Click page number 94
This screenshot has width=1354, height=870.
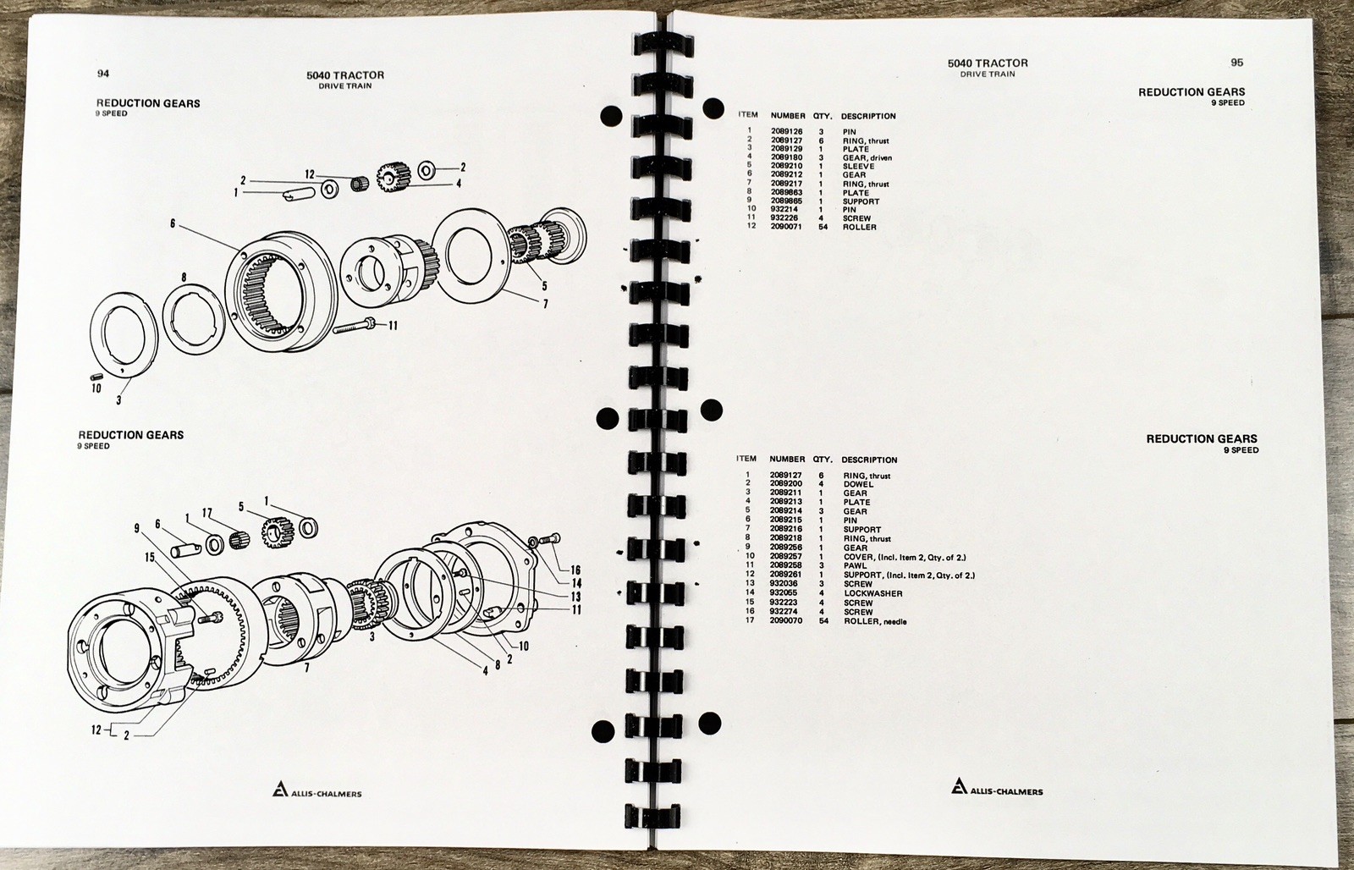click(x=103, y=73)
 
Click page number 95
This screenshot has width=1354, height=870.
click(x=1236, y=63)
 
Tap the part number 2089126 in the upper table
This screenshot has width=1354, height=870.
click(x=786, y=131)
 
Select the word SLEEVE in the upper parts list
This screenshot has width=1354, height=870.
click(x=858, y=166)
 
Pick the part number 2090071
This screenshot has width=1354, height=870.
click(x=786, y=227)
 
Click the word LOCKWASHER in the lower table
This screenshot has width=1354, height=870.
click(x=872, y=594)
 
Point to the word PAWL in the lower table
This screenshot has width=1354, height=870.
click(x=856, y=566)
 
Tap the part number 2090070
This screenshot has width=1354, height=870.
click(x=786, y=620)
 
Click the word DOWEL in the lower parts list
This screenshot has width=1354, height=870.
click(x=858, y=484)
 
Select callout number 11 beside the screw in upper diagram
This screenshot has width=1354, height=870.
click(x=393, y=326)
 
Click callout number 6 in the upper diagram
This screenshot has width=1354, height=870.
click(x=173, y=223)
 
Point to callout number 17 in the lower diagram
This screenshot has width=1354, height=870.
click(x=207, y=514)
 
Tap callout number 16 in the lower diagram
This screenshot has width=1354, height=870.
click(x=575, y=570)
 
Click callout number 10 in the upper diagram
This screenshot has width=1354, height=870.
click(x=96, y=388)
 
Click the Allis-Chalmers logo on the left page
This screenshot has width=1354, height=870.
click(x=316, y=790)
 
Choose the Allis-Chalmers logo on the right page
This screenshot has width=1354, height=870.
click(x=997, y=786)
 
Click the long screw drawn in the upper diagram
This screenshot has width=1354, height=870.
click(x=355, y=327)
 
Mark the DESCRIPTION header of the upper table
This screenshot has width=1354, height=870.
click(x=868, y=116)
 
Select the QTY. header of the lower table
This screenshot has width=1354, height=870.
click(x=823, y=460)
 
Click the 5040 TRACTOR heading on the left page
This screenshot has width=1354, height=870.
click(x=345, y=75)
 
